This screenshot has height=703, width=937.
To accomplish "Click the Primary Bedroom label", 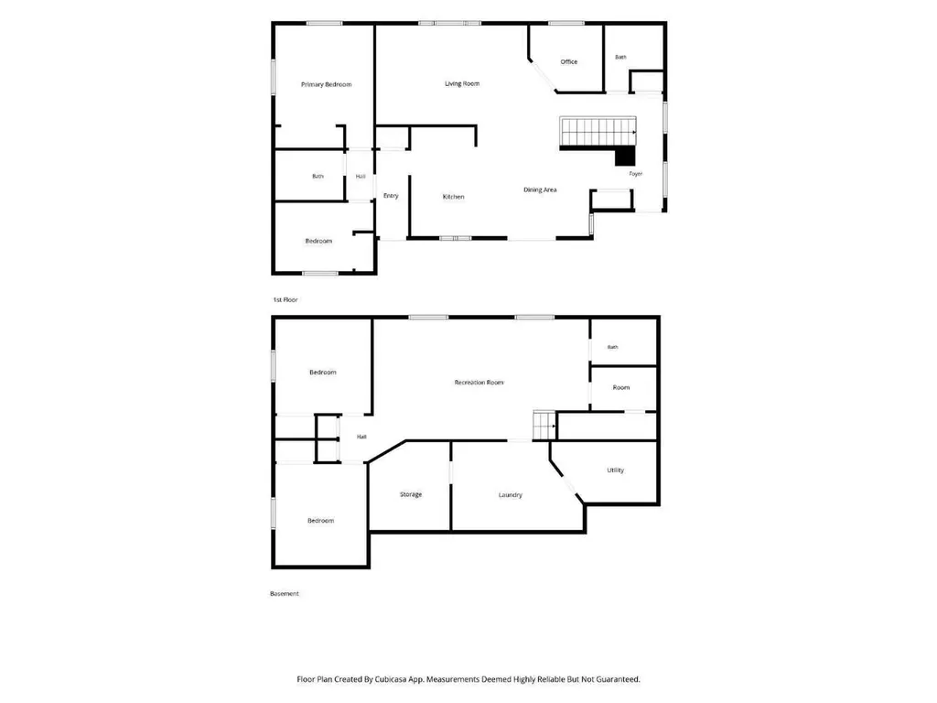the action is [327, 84].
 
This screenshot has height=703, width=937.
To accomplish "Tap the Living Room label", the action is [462, 83].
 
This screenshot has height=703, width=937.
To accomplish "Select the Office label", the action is [569, 61].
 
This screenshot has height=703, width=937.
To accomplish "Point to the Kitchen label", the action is [454, 197].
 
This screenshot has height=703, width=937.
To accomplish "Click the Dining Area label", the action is [540, 190].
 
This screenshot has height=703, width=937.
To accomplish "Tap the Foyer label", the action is [636, 174].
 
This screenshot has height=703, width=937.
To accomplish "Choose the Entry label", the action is [391, 196].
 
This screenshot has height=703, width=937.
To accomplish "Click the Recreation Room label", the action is [479, 383].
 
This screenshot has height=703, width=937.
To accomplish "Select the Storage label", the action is [411, 494].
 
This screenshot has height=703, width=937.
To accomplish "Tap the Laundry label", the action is [511, 495].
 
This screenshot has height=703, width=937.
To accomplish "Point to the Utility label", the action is [616, 470].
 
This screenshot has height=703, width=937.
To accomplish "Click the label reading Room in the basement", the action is [621, 387].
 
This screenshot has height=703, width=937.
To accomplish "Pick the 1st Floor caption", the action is [285, 299].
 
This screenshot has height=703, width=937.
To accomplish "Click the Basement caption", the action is [285, 593].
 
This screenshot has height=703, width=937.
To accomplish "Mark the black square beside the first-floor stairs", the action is [625, 157].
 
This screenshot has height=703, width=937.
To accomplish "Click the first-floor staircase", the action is [598, 131].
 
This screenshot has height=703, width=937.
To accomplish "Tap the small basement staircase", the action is [544, 426].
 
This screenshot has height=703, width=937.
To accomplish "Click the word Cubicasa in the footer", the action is [391, 679].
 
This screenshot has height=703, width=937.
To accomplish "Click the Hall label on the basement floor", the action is [361, 437].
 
